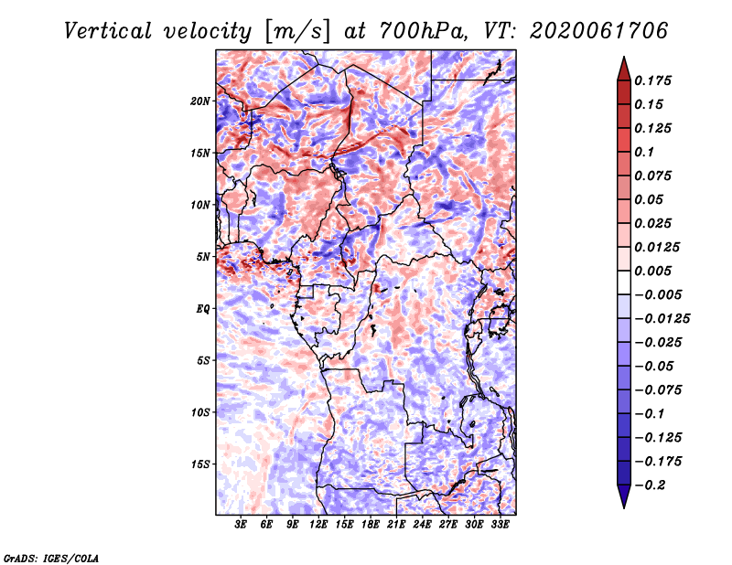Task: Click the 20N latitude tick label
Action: (x=200, y=101)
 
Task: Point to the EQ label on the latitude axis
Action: (x=202, y=309)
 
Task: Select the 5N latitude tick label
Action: (x=203, y=257)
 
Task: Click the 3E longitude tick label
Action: (x=241, y=525)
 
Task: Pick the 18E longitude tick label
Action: (x=371, y=525)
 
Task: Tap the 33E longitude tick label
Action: (x=500, y=525)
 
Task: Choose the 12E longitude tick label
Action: (x=318, y=525)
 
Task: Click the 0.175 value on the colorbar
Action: (x=652, y=80)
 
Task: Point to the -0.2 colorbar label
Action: (x=651, y=485)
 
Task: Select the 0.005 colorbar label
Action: (x=652, y=271)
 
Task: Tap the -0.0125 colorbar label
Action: (x=662, y=319)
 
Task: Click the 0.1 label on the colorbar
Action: (x=644, y=152)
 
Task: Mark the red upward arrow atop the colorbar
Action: (x=624, y=69)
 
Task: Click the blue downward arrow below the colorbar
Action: (x=624, y=496)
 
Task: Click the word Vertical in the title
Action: (x=107, y=31)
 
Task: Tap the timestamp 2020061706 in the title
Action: (x=599, y=31)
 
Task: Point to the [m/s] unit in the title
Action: (x=297, y=32)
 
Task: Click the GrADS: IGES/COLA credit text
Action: (x=51, y=558)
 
